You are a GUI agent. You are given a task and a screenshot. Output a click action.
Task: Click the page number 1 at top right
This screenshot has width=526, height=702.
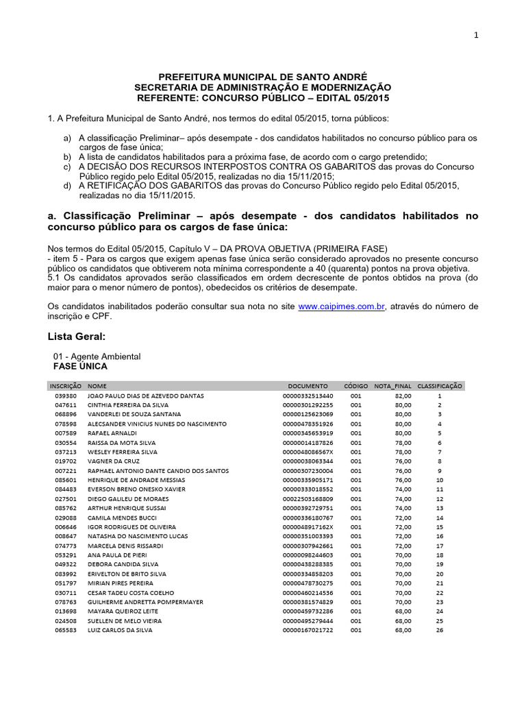coord(475,36)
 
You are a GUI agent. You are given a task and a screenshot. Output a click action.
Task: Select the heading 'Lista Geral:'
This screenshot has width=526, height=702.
coord(76,337)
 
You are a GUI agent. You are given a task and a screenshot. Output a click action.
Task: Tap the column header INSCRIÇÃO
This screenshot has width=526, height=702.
coord(65,386)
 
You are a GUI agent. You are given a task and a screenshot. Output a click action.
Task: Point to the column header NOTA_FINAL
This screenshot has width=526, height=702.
coord(392,386)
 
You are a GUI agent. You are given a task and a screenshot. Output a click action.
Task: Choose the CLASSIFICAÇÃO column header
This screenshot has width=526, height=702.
coord(440,386)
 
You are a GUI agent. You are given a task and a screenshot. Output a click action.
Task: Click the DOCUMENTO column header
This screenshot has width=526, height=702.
coord(308,386)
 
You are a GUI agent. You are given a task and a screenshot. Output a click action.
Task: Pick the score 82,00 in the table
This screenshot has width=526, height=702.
coord(403,396)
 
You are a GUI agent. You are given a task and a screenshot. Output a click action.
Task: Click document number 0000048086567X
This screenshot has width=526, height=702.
coord(308,452)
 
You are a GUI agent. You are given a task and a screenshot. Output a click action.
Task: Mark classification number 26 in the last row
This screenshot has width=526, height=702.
coord(440,629)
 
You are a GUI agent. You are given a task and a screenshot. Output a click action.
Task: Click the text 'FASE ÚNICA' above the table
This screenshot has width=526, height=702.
coord(80,367)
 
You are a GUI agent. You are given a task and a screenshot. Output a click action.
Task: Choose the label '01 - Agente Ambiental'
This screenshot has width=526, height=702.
coord(97,356)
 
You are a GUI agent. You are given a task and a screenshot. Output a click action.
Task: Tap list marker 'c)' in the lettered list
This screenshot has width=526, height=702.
coord(66,166)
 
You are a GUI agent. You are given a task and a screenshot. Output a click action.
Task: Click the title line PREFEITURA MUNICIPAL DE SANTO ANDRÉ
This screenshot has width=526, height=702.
coord(263,79)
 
